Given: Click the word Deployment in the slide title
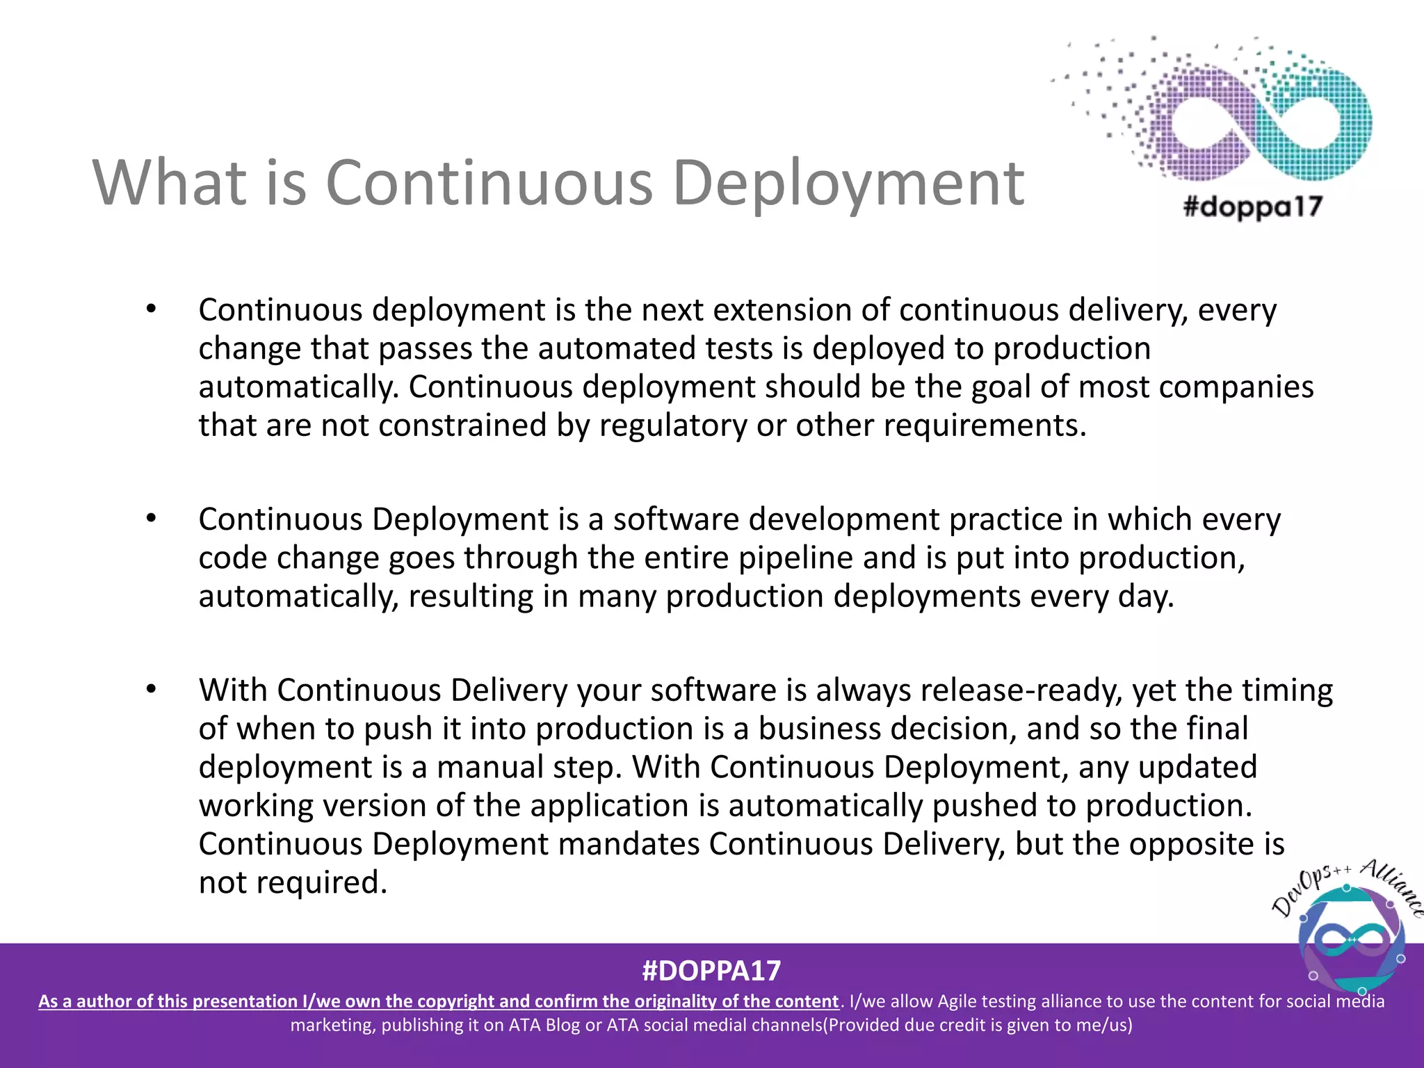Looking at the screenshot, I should point(848,184).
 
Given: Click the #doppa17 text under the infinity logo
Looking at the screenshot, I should point(1252,207).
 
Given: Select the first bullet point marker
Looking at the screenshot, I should point(151,309).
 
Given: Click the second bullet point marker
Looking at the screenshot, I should point(151,519).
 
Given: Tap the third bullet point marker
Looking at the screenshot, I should point(151,690).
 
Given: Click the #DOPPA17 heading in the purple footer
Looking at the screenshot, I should point(711,971).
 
